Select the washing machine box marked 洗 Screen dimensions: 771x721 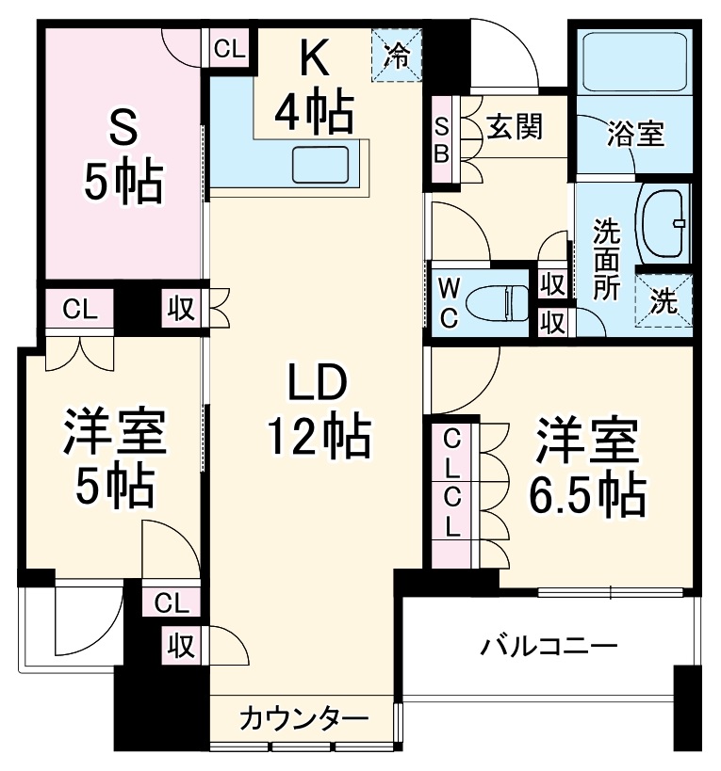click(664, 303)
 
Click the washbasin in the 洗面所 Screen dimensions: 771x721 click(664, 224)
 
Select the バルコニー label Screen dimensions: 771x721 click(549, 648)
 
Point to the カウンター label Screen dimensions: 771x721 click(302, 720)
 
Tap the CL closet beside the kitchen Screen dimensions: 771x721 click(228, 49)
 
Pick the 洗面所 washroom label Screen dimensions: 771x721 click(605, 259)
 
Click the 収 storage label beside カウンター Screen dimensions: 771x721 click(181, 646)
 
